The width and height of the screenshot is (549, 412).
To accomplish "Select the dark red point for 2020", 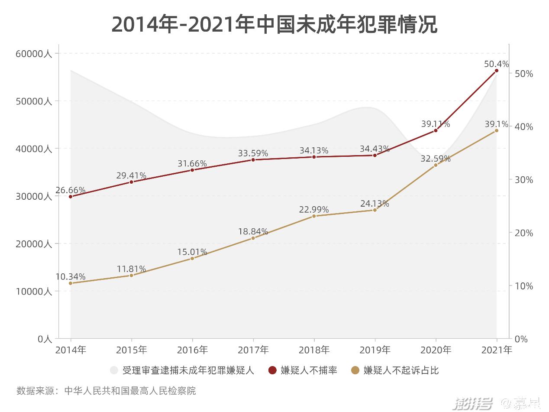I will [436, 130].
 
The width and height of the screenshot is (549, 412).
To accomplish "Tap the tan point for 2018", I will [314, 216].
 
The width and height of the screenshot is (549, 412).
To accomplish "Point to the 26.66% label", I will [71, 191].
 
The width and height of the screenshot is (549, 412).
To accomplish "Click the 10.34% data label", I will [71, 277].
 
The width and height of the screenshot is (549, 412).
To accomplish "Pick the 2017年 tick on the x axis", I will [253, 350].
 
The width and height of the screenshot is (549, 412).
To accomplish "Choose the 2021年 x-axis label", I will [496, 350].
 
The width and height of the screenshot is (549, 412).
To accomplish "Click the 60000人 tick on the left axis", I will [34, 54].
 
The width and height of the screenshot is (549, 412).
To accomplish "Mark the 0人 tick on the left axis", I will [45, 339].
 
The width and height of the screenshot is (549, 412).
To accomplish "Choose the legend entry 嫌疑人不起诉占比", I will [401, 370].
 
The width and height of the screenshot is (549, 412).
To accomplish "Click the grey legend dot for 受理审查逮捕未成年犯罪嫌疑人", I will [114, 370].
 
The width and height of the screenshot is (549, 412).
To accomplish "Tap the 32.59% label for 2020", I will [436, 159].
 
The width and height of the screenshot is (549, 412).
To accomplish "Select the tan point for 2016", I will [192, 258].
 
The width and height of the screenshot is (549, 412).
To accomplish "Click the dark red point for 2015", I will [131, 182].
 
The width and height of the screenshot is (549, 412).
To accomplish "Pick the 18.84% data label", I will [253, 232].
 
